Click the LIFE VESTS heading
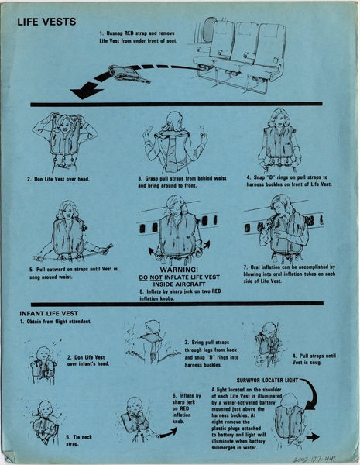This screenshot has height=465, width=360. tap(47, 22)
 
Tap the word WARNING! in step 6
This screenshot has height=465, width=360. tap(180, 269)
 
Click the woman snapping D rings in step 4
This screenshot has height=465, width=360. tap(279, 139)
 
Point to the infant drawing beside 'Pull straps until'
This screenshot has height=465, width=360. tap(266, 344)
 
